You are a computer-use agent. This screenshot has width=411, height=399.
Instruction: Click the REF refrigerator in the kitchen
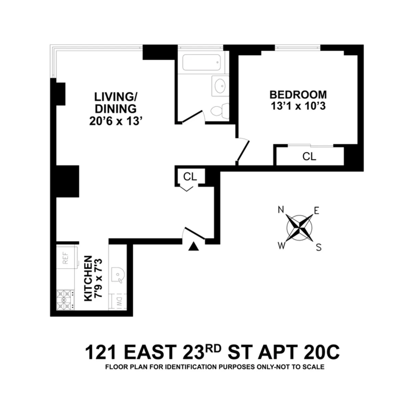65,258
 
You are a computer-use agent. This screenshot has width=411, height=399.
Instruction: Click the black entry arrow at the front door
194,246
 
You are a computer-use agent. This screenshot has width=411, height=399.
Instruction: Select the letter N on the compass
281,209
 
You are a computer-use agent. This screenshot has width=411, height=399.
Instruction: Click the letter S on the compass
319,247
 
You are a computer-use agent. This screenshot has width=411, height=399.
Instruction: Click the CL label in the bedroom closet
309,157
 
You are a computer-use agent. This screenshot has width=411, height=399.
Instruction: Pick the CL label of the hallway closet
190,177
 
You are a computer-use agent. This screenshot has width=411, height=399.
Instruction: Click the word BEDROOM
298,95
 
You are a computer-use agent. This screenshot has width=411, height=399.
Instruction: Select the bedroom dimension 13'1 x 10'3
298,106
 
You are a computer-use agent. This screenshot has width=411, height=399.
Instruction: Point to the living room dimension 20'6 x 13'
115,121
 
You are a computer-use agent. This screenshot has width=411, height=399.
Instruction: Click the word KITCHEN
88,278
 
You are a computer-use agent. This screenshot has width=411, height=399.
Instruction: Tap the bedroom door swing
243,149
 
